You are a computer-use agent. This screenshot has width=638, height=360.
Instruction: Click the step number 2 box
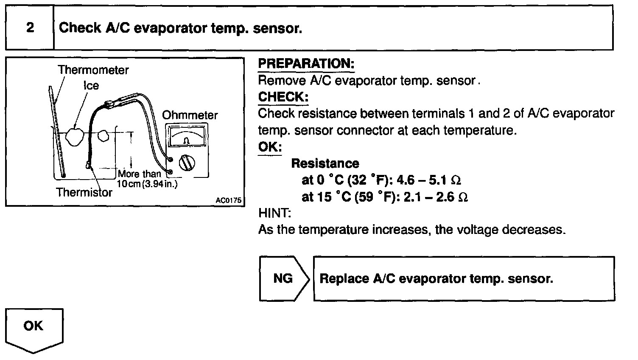coord(30,28)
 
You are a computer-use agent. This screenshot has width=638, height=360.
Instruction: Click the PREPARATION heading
coord(306,64)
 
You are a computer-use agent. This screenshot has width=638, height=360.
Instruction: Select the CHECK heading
coord(283,97)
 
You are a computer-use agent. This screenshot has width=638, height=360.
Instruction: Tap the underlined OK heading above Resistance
coord(270,147)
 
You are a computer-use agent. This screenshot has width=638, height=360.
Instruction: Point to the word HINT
coord(274,213)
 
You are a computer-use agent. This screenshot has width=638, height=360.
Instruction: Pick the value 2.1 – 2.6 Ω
coord(436,197)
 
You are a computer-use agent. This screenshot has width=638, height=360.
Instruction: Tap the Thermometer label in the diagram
coord(93,70)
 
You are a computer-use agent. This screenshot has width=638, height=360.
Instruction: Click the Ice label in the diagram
coord(91,85)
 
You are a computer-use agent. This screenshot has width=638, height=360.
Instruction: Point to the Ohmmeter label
coord(190,115)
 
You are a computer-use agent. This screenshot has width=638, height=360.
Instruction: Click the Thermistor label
coord(84,192)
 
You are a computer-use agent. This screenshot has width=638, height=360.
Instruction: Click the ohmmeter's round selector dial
coord(187,163)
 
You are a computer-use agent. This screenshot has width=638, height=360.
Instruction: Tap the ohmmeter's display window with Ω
coord(187,137)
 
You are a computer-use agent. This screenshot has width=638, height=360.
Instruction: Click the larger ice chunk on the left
coord(75,137)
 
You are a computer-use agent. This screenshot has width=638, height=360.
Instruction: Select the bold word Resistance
coord(325,163)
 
